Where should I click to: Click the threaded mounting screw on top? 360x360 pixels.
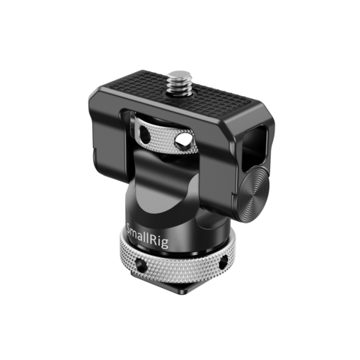coord(178,83)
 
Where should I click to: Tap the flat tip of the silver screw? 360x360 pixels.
coord(178,75)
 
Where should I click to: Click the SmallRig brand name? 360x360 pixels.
coord(148,235)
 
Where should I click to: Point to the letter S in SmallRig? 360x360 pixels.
coord(130,229)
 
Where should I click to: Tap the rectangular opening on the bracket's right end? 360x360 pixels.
coord(253,145)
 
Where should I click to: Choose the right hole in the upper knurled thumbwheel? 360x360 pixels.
coord(184,140)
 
